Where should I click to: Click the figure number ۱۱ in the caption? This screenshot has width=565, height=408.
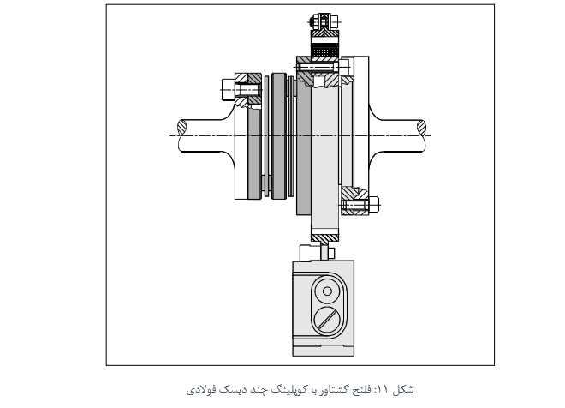click(x=382, y=390)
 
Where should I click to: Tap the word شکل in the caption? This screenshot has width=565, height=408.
click(x=403, y=389)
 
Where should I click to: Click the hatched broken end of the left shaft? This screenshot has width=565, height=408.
click(x=182, y=127)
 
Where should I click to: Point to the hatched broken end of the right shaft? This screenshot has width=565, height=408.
click(x=421, y=127)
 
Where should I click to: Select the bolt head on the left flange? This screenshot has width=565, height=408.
click(x=228, y=89)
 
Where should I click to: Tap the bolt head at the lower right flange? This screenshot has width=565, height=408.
click(x=373, y=205)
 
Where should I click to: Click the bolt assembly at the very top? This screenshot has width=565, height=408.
click(x=324, y=21)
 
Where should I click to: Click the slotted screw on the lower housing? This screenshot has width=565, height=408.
click(x=327, y=320)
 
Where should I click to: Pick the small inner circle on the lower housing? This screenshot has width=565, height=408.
click(x=327, y=291)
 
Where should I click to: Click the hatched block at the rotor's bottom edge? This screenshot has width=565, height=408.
click(x=325, y=238)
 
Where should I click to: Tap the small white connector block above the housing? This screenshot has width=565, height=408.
click(x=310, y=253)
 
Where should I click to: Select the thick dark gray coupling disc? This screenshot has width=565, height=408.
click(x=278, y=136)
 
